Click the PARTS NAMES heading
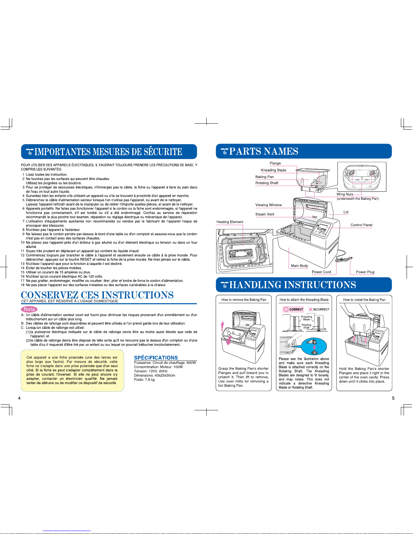click(264, 151)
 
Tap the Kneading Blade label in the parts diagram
click(273, 170)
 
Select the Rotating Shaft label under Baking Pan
click(267, 183)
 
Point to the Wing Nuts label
click(345, 194)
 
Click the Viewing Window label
click(268, 205)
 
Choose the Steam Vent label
click(265, 214)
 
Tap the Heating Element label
click(230, 222)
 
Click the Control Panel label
click(361, 225)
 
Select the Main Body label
click(299, 265)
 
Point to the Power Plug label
click(365, 272)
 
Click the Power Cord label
click(321, 272)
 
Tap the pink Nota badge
click(29, 309)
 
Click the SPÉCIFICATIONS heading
click(156, 357)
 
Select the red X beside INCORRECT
click(311, 309)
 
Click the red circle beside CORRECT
click(286, 309)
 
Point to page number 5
click(393, 398)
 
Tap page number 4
click(19, 398)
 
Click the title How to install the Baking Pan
click(364, 300)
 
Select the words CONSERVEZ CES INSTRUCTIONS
click(97, 295)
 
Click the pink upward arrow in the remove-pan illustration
click(222, 326)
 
